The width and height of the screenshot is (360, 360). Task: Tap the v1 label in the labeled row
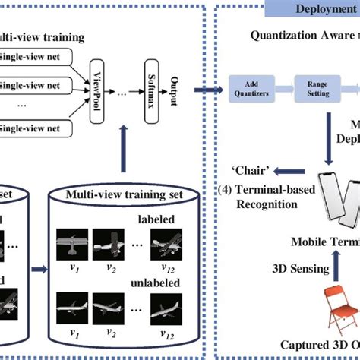pos(74,267)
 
